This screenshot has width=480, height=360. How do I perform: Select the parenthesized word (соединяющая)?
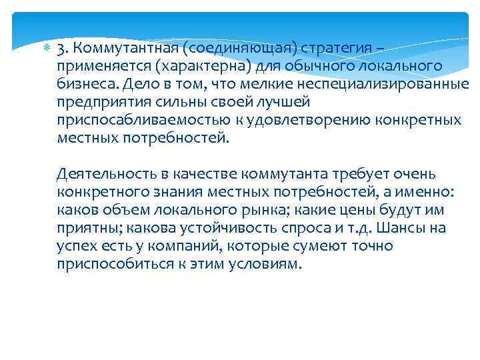(238, 49)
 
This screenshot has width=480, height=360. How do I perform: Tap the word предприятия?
(99, 103)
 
